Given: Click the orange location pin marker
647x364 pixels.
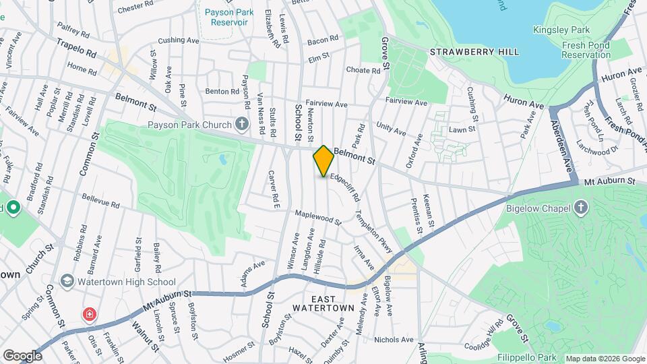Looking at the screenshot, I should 323,161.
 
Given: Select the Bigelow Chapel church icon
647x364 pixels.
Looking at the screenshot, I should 581,207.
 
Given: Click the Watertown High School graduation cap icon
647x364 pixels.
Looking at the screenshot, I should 67,281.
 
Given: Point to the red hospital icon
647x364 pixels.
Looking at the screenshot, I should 89,314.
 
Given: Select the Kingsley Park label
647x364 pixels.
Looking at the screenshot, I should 561,30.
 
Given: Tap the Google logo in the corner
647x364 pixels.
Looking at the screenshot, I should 23,355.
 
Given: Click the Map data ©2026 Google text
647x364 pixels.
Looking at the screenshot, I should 605,359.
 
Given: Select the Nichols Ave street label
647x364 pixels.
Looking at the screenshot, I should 393,340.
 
